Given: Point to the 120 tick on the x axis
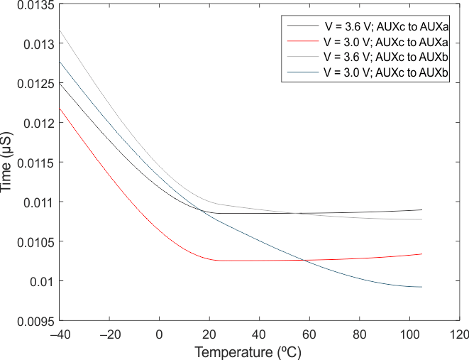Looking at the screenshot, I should [460, 334].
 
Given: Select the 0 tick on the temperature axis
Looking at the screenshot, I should [159, 334].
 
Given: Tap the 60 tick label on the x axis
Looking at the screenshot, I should [309, 334].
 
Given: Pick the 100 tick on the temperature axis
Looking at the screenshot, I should [409, 334].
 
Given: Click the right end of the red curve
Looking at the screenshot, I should [422, 254].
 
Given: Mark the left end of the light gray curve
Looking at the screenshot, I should [59, 30].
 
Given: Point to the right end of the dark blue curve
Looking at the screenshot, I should [422, 287].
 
